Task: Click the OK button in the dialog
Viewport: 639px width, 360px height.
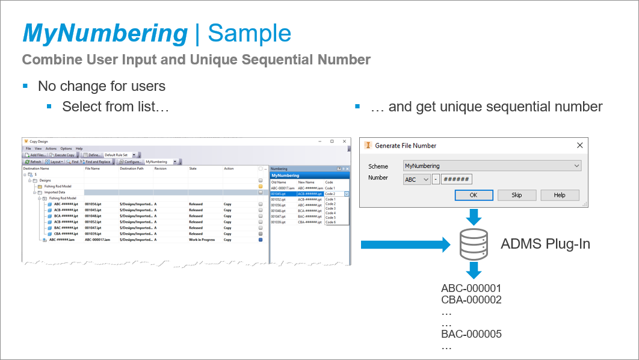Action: (473, 195)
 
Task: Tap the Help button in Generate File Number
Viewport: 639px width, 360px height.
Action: (560, 195)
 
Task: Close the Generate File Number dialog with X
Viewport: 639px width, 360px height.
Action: (579, 145)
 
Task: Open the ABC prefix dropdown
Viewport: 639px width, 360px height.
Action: (417, 179)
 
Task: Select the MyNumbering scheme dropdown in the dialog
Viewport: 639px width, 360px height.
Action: (492, 166)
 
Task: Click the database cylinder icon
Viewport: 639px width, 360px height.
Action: (474, 244)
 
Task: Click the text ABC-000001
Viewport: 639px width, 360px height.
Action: (471, 288)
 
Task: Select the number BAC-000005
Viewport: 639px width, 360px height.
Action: (471, 334)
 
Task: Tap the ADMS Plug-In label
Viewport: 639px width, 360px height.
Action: (545, 244)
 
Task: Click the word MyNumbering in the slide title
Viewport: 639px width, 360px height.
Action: (105, 33)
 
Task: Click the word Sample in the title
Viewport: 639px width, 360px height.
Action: (249, 33)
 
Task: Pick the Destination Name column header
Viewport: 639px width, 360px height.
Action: (36, 169)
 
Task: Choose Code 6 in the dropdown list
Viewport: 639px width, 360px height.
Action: (330, 222)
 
